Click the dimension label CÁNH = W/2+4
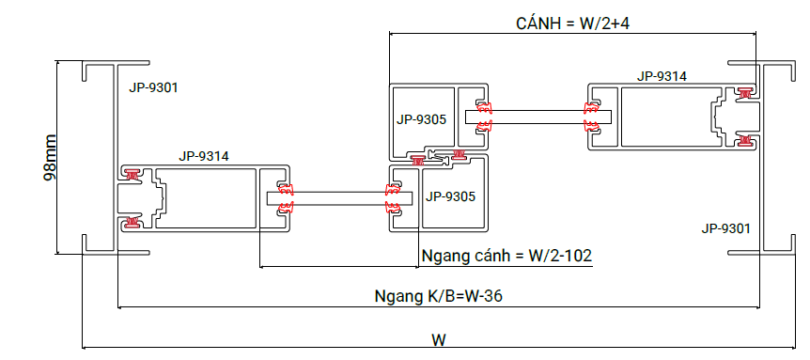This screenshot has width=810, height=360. tap(573, 23)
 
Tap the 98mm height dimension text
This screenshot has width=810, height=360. tap(50, 157)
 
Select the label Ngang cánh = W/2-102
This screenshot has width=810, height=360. tap(506, 256)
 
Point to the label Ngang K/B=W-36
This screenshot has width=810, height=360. tap(439, 296)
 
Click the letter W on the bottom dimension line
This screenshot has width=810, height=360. tap(439, 340)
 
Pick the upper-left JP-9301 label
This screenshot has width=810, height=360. tap(153, 87)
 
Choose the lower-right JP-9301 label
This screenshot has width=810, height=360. tap(725, 227)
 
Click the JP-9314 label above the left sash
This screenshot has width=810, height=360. tap(204, 156)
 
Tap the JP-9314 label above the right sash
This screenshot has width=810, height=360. tap(662, 76)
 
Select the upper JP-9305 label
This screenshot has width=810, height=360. tap(421, 119)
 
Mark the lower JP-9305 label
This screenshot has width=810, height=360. tap(450, 196)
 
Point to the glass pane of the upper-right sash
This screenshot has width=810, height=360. tap(538, 117)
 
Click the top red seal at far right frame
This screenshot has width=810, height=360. tap(744, 93)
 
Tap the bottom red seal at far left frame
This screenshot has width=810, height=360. tap(132, 222)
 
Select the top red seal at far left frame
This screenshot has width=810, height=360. tap(132, 175)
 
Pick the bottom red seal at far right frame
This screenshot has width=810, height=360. tap(744, 140)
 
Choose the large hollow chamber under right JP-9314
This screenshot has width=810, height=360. tap(671, 117)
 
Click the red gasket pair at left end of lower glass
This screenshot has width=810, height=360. tap(286, 198)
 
